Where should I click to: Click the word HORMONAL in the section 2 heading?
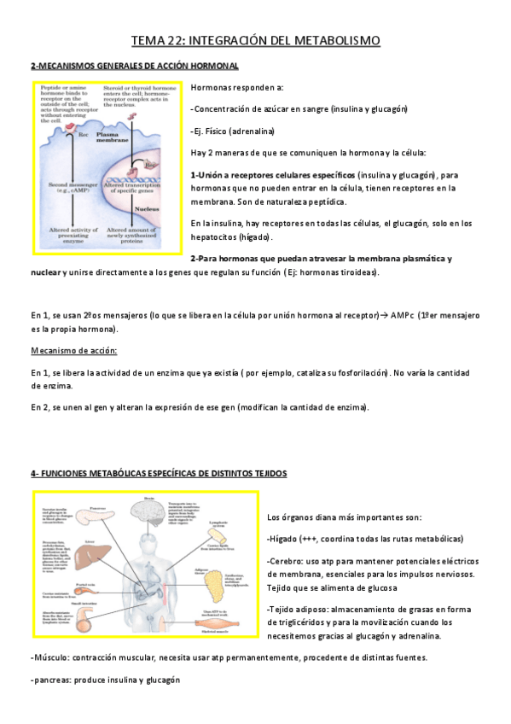click(212, 66)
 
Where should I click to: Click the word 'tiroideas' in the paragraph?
click(356, 272)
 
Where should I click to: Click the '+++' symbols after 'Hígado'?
click(308, 539)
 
